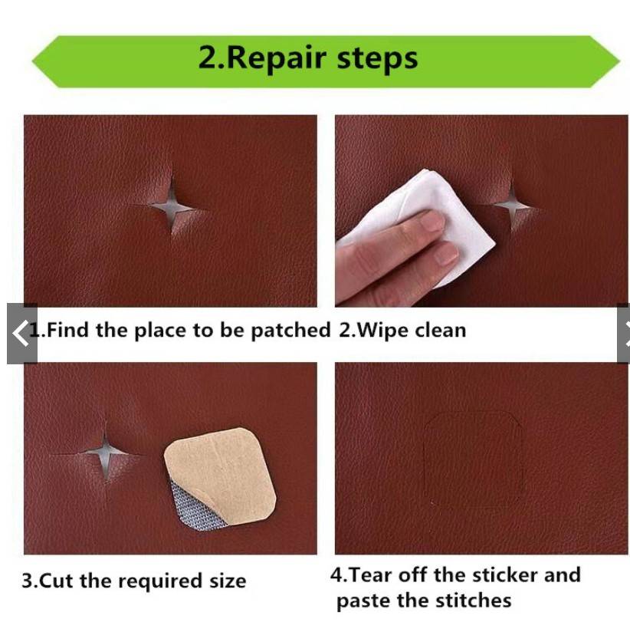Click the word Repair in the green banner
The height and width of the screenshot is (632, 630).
277,59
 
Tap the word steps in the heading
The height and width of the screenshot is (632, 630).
377,59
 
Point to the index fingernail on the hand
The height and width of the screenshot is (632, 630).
432,222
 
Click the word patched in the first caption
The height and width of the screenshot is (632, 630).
290,331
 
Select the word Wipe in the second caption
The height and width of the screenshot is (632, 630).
382,331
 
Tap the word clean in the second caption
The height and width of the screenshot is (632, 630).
441,331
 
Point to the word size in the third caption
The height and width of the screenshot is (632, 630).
228,581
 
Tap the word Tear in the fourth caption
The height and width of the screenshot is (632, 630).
371,574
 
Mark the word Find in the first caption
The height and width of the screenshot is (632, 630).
67,331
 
